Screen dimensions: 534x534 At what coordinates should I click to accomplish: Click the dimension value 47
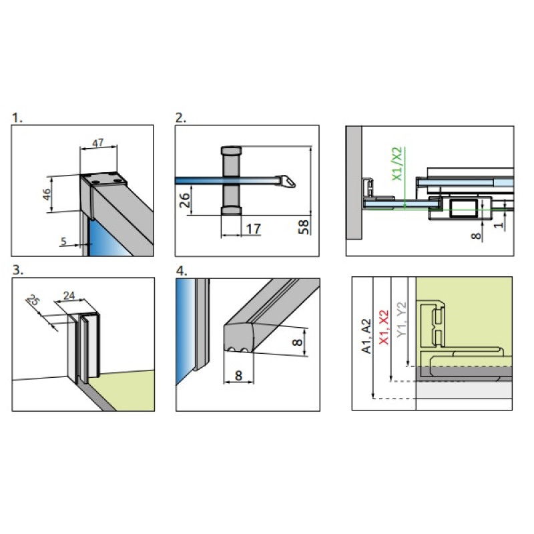(98, 144)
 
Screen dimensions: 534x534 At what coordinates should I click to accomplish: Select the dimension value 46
(47, 194)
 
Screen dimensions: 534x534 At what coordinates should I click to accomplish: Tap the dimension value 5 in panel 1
(63, 242)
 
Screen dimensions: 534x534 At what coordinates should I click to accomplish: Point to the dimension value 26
(185, 200)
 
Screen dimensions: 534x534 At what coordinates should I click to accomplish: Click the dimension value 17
(254, 229)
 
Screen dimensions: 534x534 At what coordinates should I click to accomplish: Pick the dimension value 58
(304, 227)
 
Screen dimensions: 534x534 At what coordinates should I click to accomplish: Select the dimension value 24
(69, 295)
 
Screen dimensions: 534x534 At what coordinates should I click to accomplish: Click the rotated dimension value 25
(33, 300)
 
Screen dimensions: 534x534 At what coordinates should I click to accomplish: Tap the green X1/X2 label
(397, 164)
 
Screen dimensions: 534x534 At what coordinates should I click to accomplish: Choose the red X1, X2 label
(384, 327)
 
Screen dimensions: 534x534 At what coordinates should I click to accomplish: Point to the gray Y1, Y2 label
(402, 320)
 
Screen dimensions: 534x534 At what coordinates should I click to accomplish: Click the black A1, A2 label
(366, 336)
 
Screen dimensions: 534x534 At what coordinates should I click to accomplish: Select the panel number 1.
(17, 118)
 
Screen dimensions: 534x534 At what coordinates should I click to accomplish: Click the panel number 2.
(181, 118)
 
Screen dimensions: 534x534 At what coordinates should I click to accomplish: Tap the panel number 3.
(18, 270)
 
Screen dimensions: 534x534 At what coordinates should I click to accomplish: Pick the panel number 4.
(182, 271)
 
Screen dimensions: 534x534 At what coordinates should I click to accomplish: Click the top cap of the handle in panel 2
(231, 150)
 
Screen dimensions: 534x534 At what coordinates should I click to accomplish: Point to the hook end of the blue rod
(288, 182)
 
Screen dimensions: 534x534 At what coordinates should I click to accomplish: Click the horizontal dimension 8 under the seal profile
(238, 375)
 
